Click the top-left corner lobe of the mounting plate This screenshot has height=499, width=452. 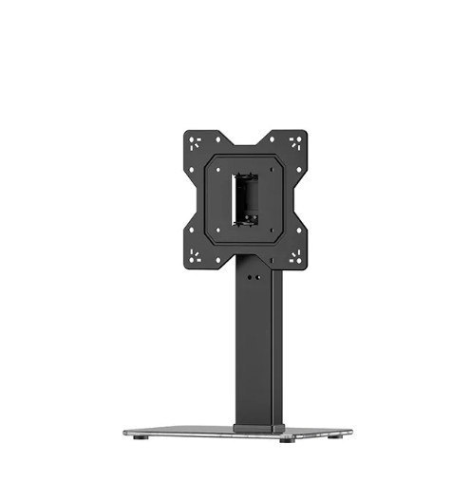coord(195,141)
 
